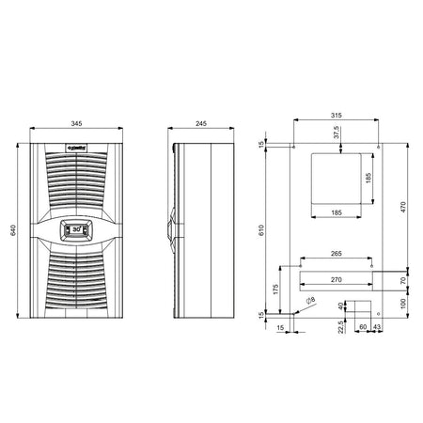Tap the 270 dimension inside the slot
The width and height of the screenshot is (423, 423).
tap(336, 278)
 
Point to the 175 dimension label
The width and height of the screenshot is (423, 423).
tap(275, 290)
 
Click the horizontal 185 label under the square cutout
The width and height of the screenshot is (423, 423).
tap(336, 214)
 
